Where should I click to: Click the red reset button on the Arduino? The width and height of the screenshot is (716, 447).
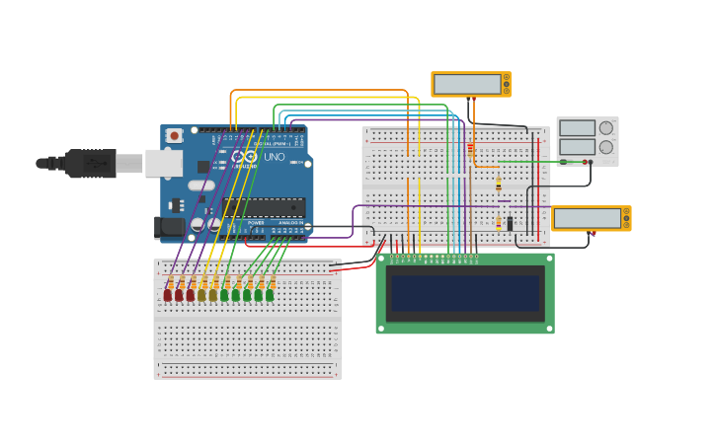pyautogui.click(x=175, y=135)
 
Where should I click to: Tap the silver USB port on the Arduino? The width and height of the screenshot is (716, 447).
pyautogui.click(x=163, y=163)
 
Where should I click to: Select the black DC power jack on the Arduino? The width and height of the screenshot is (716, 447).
pyautogui.click(x=171, y=227)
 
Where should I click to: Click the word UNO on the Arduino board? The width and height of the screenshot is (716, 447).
pyautogui.click(x=274, y=157)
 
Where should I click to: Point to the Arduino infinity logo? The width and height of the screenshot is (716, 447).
pyautogui.click(x=247, y=157)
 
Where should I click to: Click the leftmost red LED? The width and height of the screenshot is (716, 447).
pyautogui.click(x=168, y=294)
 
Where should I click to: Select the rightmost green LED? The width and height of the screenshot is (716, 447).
pyautogui.click(x=270, y=294)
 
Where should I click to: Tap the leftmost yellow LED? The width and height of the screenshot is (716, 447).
pyautogui.click(x=201, y=294)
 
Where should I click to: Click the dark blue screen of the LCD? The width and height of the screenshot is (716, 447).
pyautogui.click(x=465, y=293)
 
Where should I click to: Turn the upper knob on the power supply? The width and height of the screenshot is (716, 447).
pyautogui.click(x=606, y=128)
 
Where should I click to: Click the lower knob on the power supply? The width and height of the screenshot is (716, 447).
pyautogui.click(x=606, y=147)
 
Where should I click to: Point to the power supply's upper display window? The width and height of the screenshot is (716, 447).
pyautogui.click(x=578, y=128)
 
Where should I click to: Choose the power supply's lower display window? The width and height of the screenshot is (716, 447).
pyautogui.click(x=578, y=147)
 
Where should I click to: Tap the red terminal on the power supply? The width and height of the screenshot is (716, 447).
pyautogui.click(x=591, y=162)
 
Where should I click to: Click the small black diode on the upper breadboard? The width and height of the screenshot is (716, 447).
pyautogui.click(x=510, y=224)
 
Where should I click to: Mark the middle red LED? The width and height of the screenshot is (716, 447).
pyautogui.click(x=179, y=294)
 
